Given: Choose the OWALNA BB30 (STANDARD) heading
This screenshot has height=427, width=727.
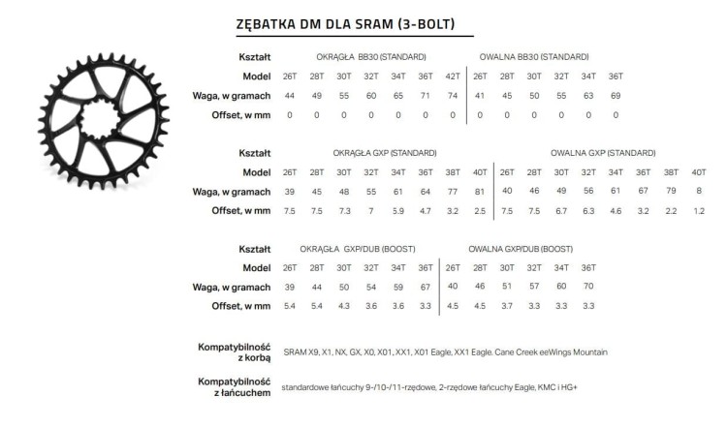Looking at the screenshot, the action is coord(533,56).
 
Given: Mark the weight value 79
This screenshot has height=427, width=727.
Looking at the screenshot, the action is coord(671,192).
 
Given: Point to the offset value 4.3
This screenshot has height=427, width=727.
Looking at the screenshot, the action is coord(344,307).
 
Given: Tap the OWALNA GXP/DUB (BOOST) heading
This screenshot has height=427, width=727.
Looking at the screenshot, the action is coord(520,249).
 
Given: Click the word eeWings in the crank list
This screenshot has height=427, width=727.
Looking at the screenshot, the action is coord(560,352).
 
